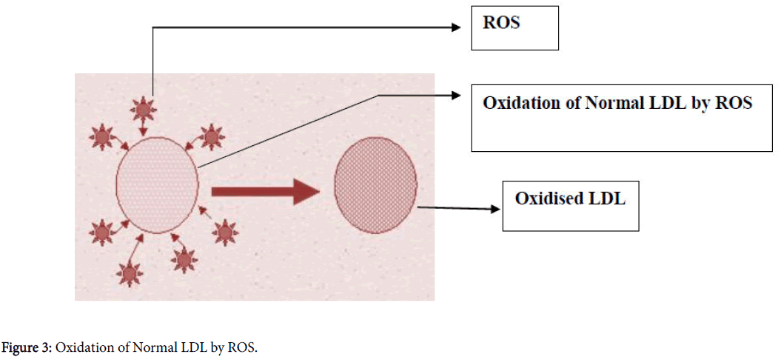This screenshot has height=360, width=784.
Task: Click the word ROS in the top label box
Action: pyautogui.click(x=501, y=23)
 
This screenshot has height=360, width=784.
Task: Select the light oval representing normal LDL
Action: pyautogui.click(x=157, y=185)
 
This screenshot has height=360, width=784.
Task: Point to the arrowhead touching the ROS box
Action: pyautogui.click(x=457, y=28)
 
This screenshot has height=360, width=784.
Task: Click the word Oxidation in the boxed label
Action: pyautogui.click(x=519, y=103)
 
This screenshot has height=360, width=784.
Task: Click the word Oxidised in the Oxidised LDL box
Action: pyautogui.click(x=547, y=199)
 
